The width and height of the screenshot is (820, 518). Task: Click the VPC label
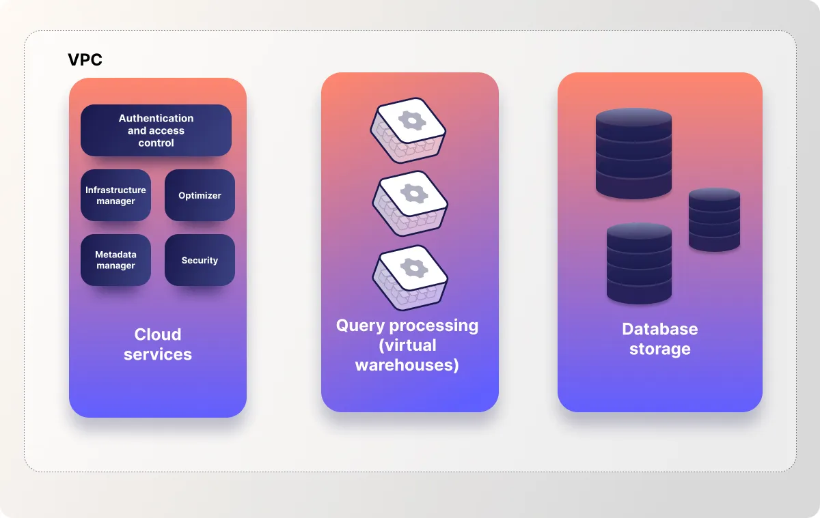85,60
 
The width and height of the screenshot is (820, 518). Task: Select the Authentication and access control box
156,130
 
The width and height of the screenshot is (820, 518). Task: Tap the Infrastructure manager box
115,195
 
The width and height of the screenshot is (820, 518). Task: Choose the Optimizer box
200,195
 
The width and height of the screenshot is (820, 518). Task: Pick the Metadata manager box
115,260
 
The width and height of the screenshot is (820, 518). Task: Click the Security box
200,260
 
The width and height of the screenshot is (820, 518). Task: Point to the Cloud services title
158,344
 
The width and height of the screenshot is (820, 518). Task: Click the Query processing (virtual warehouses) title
407,345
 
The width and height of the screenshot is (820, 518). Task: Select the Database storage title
659,339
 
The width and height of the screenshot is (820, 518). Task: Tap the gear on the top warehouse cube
412,121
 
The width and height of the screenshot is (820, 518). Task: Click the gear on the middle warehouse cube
413,193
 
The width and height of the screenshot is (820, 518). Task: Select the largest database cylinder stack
633,153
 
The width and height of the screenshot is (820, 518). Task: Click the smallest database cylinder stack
714,219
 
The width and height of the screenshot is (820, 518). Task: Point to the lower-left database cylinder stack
639,263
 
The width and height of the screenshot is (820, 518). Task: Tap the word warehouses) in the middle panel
407,365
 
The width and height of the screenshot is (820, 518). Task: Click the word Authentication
156,118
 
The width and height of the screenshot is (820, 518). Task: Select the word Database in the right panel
659,329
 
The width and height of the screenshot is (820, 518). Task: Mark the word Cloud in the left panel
158,334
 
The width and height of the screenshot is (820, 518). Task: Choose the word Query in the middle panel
361,326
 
